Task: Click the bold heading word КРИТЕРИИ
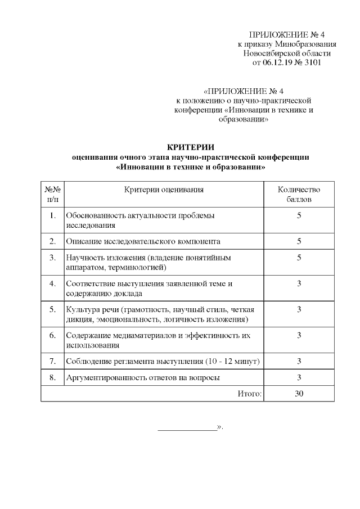coord(191,147)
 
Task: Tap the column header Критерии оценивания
coord(164,190)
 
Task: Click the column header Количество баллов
coord(299,194)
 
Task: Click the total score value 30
coord(299,394)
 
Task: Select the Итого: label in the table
coord(250,394)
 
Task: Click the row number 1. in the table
coord(52,215)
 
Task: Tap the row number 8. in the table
coord(52,377)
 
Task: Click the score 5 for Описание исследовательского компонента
coord(299,241)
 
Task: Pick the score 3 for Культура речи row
coord(299,309)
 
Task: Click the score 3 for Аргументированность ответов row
coord(299,377)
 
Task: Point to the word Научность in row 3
coord(83,258)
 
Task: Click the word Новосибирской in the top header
coord(267,53)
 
